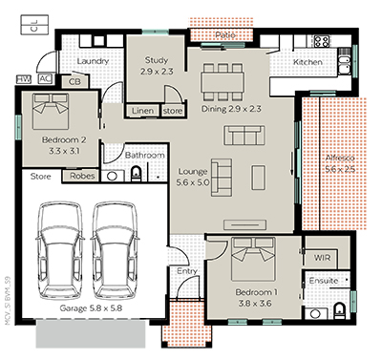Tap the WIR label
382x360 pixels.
(x=320, y=257)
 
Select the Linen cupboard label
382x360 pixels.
(x=142, y=111)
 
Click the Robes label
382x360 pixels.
(x=81, y=176)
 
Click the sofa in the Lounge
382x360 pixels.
(x=221, y=177)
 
